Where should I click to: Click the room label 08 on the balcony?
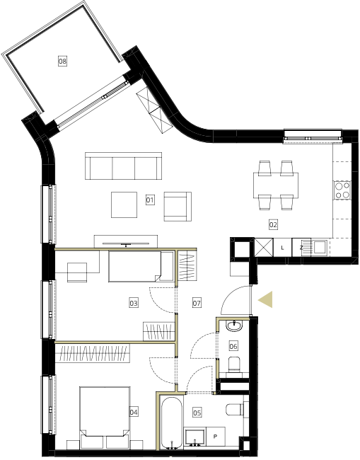click(62, 61)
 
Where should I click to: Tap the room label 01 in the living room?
click(150, 200)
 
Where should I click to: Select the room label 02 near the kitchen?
click(273, 225)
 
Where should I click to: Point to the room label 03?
click(134, 303)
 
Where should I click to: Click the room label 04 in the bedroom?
click(134, 412)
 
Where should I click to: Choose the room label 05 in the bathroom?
click(197, 413)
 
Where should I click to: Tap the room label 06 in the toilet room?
click(233, 346)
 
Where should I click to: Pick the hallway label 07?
click(197, 303)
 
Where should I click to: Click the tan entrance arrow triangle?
click(265, 299)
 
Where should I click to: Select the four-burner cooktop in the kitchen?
click(342, 190)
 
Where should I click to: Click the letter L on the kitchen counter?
click(282, 248)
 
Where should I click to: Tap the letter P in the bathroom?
click(216, 437)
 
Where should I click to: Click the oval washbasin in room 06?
click(234, 326)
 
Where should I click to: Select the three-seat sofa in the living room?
click(124, 166)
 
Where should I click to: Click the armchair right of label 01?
click(178, 207)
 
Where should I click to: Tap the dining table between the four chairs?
click(276, 185)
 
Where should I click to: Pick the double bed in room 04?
click(105, 418)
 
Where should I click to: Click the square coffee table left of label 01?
click(124, 205)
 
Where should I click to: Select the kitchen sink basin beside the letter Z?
click(319, 247)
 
